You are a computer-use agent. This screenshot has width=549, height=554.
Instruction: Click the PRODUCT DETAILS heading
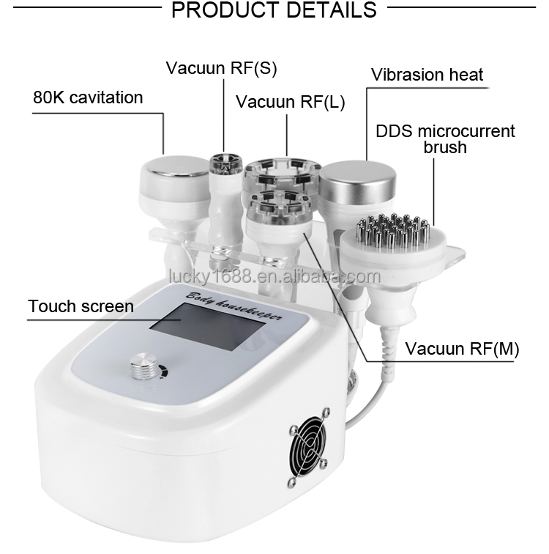(272, 10)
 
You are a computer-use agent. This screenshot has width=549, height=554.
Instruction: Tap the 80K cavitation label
(88, 97)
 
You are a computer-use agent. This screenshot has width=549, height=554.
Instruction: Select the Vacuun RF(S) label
(221, 69)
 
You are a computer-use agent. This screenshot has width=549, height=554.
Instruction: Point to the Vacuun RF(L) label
(290, 101)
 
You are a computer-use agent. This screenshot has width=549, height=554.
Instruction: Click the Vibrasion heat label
(427, 75)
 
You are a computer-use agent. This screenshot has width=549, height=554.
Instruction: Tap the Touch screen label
(81, 306)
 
